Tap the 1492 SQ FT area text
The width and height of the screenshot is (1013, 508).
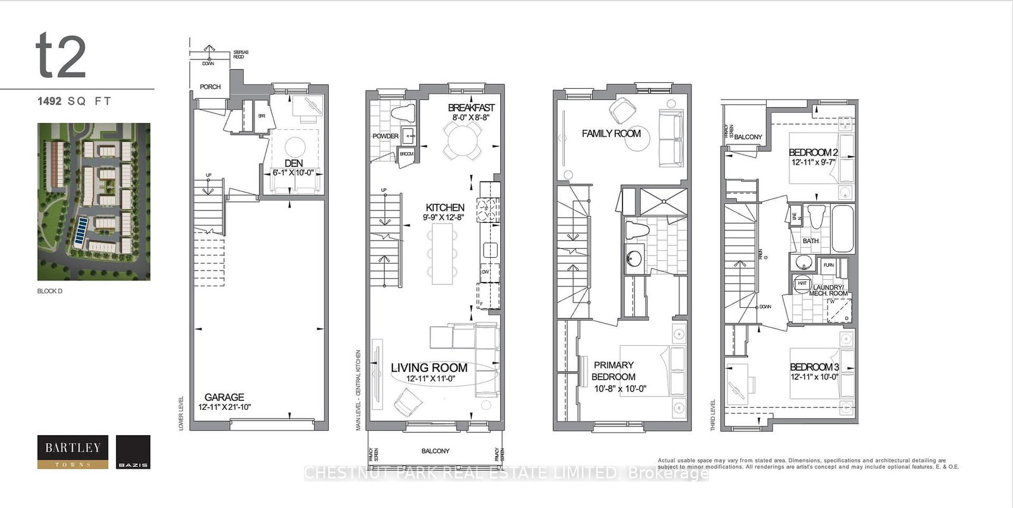click(73, 101)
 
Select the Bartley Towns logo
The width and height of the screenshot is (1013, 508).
click(72, 452)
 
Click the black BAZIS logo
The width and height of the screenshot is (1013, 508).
click(134, 452)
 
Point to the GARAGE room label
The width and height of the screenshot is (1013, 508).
click(224, 397)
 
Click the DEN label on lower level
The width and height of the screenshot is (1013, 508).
click(294, 163)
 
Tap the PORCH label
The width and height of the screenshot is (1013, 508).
click(210, 87)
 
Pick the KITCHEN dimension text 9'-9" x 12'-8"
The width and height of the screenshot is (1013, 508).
click(444, 217)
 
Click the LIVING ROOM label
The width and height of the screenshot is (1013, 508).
click(429, 367)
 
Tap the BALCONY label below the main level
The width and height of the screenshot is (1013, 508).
click(435, 451)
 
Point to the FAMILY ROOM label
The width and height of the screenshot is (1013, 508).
click(611, 134)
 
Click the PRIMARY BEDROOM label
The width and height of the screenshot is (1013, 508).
click(613, 371)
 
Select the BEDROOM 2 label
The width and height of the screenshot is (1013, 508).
click(814, 153)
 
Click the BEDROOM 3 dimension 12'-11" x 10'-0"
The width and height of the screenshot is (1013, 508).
click(814, 376)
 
